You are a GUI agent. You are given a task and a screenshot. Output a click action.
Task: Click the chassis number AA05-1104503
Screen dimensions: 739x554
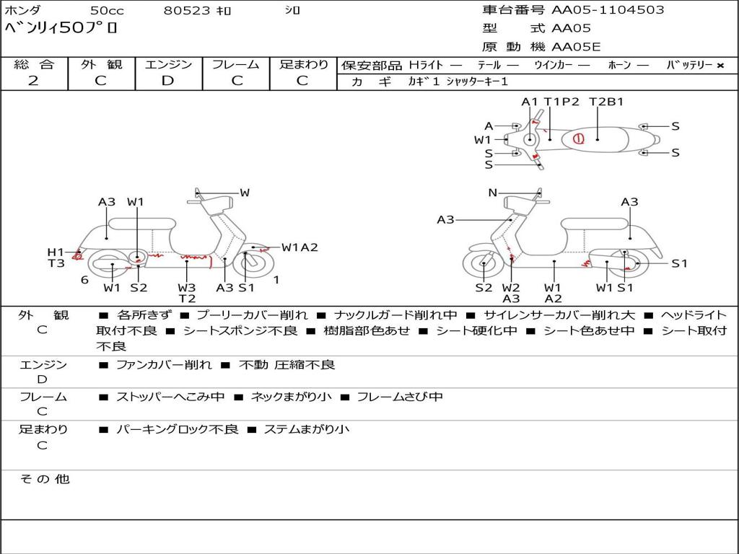(x=608, y=10)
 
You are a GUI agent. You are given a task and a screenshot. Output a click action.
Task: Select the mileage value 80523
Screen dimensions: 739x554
(x=187, y=11)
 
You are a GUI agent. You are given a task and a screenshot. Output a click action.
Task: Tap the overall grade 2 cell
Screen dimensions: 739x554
(x=33, y=81)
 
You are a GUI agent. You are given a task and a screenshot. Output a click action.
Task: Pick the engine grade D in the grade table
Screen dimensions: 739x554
(x=168, y=81)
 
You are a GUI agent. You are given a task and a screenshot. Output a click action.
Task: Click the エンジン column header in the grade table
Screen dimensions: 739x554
(x=168, y=65)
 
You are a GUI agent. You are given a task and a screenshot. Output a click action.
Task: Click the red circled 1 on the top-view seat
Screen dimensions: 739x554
(x=578, y=138)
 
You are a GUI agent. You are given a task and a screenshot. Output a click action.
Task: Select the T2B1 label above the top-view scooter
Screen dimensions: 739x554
(x=606, y=102)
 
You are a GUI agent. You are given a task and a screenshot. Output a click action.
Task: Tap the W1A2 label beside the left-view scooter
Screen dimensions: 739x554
(x=299, y=247)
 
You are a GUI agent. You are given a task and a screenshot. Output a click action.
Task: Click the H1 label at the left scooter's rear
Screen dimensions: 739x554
(x=56, y=252)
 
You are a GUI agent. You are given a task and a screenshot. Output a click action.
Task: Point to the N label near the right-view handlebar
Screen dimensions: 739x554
(x=493, y=193)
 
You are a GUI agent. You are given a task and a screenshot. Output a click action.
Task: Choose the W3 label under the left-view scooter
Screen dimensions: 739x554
(x=187, y=288)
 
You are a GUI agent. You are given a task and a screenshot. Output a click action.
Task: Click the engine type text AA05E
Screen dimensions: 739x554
(x=576, y=47)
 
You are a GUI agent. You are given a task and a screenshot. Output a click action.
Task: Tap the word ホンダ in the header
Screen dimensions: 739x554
(x=22, y=11)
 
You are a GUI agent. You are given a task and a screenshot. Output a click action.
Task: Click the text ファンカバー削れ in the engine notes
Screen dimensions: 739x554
(x=164, y=365)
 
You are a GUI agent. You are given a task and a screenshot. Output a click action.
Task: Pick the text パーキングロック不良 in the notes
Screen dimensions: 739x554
(x=177, y=429)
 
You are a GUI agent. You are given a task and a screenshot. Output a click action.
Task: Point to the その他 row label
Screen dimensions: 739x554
(x=44, y=479)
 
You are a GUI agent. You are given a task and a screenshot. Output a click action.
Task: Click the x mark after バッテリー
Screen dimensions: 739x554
(x=720, y=66)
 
